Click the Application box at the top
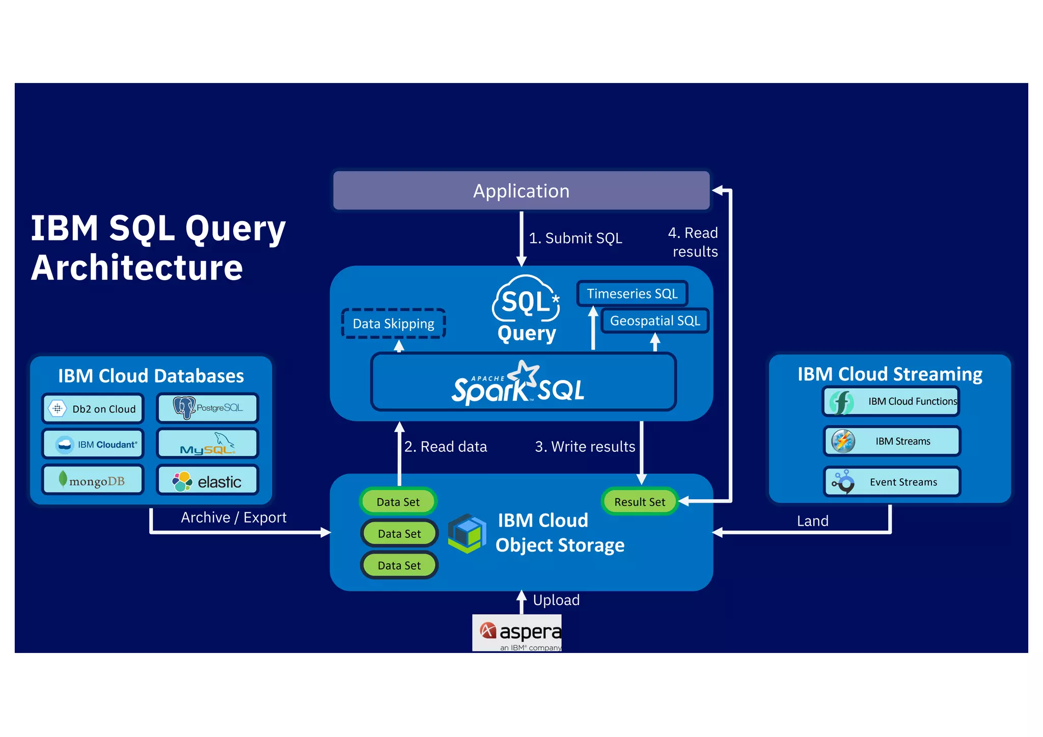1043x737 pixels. (x=521, y=190)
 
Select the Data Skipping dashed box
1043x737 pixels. (x=393, y=323)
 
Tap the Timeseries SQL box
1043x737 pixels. (x=632, y=294)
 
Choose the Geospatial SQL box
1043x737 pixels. (x=655, y=321)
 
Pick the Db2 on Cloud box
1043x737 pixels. (x=93, y=409)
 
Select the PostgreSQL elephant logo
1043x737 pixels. (x=184, y=407)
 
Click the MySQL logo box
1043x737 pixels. (x=207, y=444)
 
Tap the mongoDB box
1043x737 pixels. (x=93, y=480)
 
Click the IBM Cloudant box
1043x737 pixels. (x=93, y=445)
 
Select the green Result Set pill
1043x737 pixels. (x=640, y=502)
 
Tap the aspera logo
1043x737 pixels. (x=517, y=633)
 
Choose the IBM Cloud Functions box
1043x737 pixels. (x=891, y=401)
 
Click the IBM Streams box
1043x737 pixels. (x=891, y=441)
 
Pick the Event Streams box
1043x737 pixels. (x=891, y=482)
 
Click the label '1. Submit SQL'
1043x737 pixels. (x=575, y=238)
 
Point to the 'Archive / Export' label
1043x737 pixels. (x=234, y=517)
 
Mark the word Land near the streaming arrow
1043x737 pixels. (x=812, y=521)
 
